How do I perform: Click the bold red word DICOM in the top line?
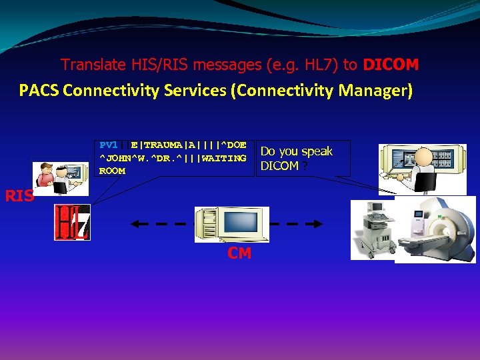391,65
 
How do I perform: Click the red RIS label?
19,196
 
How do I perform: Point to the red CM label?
239,253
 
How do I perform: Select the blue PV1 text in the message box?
108,145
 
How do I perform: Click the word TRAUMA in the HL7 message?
165,145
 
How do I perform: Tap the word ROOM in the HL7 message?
112,171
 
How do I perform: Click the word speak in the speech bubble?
317,151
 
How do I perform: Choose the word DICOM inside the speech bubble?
279,166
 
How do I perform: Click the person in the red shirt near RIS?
46,175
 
